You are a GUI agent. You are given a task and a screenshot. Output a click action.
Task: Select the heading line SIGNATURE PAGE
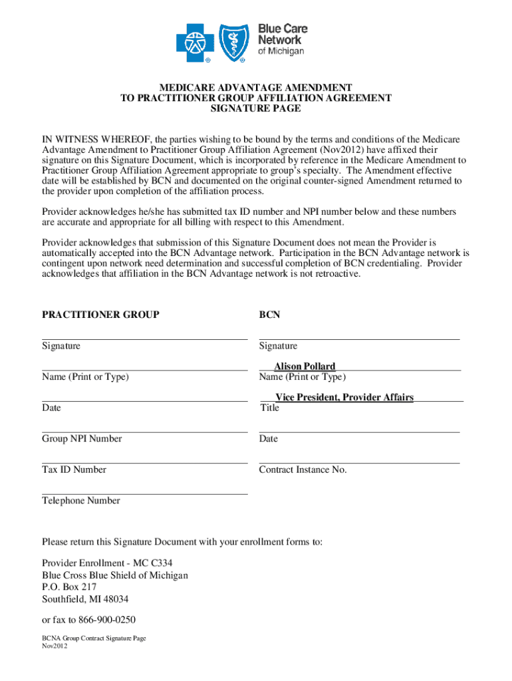[255, 108]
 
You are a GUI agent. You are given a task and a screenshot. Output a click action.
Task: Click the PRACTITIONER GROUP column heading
[100, 315]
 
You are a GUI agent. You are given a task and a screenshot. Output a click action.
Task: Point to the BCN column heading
[269, 315]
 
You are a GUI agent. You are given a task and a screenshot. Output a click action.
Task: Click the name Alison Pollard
[305, 366]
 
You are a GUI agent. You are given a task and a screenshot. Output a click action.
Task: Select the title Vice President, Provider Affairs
[344, 398]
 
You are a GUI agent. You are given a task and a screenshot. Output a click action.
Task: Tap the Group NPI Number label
[82, 439]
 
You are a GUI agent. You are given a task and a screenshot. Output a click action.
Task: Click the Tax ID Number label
[74, 470]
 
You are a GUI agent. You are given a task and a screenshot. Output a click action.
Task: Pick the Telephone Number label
[81, 501]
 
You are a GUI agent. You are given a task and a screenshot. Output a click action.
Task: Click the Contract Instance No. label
[303, 470]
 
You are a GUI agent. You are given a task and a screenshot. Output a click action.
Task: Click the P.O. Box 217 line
[69, 587]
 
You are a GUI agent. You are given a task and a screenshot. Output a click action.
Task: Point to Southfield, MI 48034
[85, 599]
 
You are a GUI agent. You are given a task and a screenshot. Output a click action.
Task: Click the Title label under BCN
[270, 408]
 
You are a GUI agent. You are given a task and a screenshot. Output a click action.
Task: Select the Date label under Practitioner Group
[51, 408]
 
